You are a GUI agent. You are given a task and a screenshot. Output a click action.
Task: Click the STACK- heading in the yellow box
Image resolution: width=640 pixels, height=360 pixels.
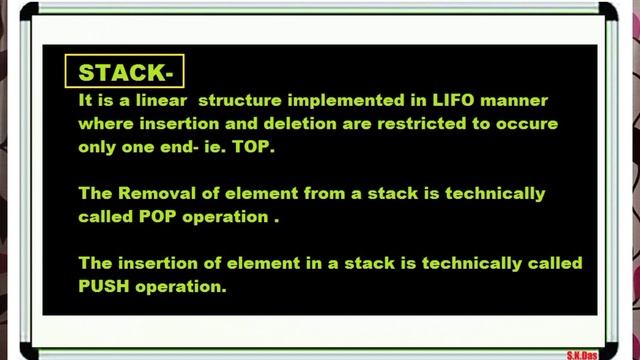coord(125,72)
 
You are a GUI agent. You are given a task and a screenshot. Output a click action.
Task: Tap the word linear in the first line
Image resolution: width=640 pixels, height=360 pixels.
coord(144,102)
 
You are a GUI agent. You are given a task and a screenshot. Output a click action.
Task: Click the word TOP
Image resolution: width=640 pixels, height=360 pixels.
coord(259,146)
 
